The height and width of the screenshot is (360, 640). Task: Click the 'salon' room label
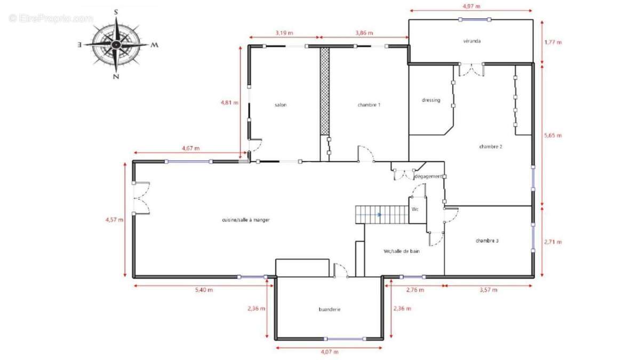pos(281,105)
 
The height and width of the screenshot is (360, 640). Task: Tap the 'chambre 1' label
pos(369,105)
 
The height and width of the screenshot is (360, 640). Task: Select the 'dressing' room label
pos(431,100)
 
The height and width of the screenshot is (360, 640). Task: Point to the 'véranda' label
pos(471,41)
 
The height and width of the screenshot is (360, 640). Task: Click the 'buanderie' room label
pos(330,309)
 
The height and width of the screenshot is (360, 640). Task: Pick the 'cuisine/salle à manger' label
pos(246,220)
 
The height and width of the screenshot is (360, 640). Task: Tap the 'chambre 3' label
pos(487,241)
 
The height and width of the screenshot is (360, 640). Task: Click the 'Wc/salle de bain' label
pos(402,251)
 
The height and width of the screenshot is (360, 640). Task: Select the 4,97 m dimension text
pos(471,6)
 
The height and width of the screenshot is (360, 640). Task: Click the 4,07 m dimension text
pos(330,351)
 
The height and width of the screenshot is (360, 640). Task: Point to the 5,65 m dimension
pos(553,135)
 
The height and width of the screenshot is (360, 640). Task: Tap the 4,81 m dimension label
pos(229,102)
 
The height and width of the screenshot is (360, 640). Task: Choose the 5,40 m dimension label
pos(204,290)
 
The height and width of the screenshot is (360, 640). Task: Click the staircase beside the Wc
pos(382,214)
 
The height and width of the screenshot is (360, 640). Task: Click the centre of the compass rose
pos(116,44)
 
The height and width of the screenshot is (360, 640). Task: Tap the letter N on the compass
pos(116,76)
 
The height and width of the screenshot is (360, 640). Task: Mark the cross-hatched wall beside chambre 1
pos(325,91)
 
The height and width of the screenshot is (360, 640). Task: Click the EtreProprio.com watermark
pos(51,19)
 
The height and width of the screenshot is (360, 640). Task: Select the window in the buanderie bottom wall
pos(345,339)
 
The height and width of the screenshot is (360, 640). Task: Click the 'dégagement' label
pos(428,177)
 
